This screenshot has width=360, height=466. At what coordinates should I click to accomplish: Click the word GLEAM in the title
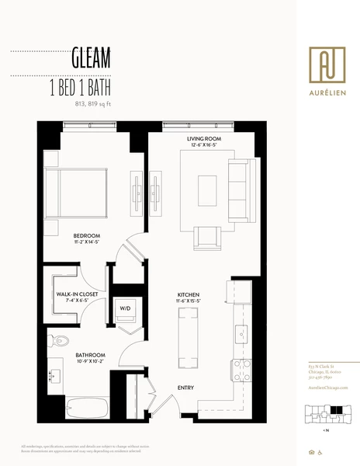tap(90, 57)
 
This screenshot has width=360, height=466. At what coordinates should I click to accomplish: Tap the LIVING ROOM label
tap(204, 140)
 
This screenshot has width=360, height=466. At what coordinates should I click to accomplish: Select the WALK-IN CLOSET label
tap(77, 294)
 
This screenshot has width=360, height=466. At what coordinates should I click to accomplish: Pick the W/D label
tap(124, 308)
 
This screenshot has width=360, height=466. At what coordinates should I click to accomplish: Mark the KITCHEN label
tap(189, 295)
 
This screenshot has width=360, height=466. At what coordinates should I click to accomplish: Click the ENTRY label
tap(186, 388)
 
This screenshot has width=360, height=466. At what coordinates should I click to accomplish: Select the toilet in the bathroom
tap(60, 340)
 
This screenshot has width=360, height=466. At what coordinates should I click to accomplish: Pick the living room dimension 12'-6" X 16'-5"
tap(204, 147)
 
